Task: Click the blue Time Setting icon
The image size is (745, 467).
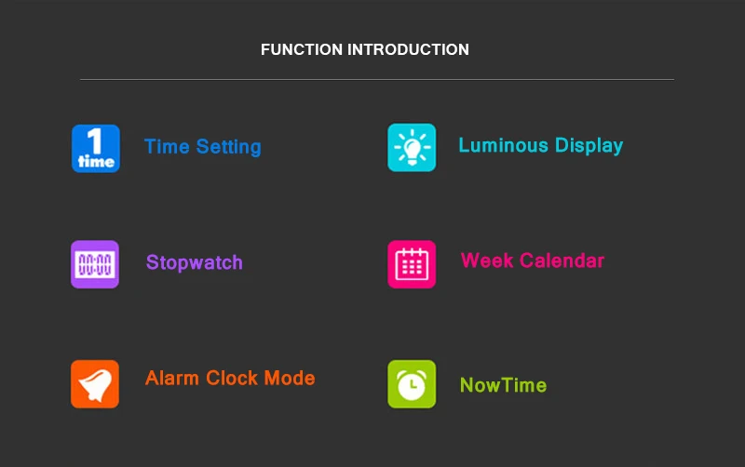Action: coord(96,149)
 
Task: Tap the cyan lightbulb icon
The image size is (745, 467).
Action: coord(412,148)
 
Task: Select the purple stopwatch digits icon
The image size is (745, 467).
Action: coord(95,264)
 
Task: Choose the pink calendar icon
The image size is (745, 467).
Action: coord(412,264)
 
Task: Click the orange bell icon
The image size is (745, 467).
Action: coord(95,384)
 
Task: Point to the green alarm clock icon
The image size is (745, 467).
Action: coord(412,384)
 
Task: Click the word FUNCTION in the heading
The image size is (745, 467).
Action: coord(302,49)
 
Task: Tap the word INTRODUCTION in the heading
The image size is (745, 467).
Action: coord(408,49)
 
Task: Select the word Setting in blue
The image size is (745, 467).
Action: coord(228,147)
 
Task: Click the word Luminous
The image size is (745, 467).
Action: coord(503,145)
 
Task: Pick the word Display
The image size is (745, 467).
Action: coord(589,146)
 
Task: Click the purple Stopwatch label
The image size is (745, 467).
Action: coord(195,263)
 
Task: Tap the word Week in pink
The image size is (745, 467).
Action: coord(487,260)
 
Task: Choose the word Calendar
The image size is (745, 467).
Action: coord(562,260)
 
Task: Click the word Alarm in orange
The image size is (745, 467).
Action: coord(172,379)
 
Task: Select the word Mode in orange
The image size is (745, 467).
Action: coord(290,379)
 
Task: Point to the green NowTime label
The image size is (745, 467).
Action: coord(503,385)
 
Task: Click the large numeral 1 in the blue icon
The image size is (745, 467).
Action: coord(95,140)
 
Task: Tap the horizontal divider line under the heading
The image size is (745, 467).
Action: coord(377,80)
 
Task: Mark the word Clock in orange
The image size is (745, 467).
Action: coord(232,379)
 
